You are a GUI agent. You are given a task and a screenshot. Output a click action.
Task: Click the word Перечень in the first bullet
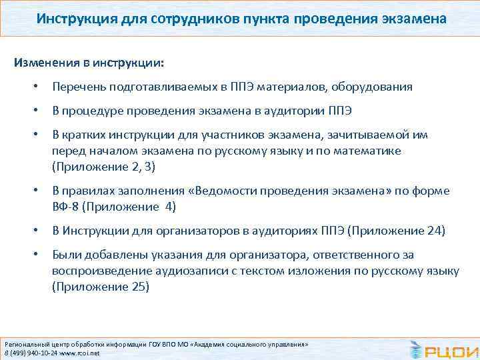pyautogui.click(x=77, y=87)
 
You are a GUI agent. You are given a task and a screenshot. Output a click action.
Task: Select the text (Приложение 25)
pyautogui.click(x=101, y=287)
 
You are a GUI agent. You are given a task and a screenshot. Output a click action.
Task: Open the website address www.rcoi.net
pyautogui.click(x=81, y=353)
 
